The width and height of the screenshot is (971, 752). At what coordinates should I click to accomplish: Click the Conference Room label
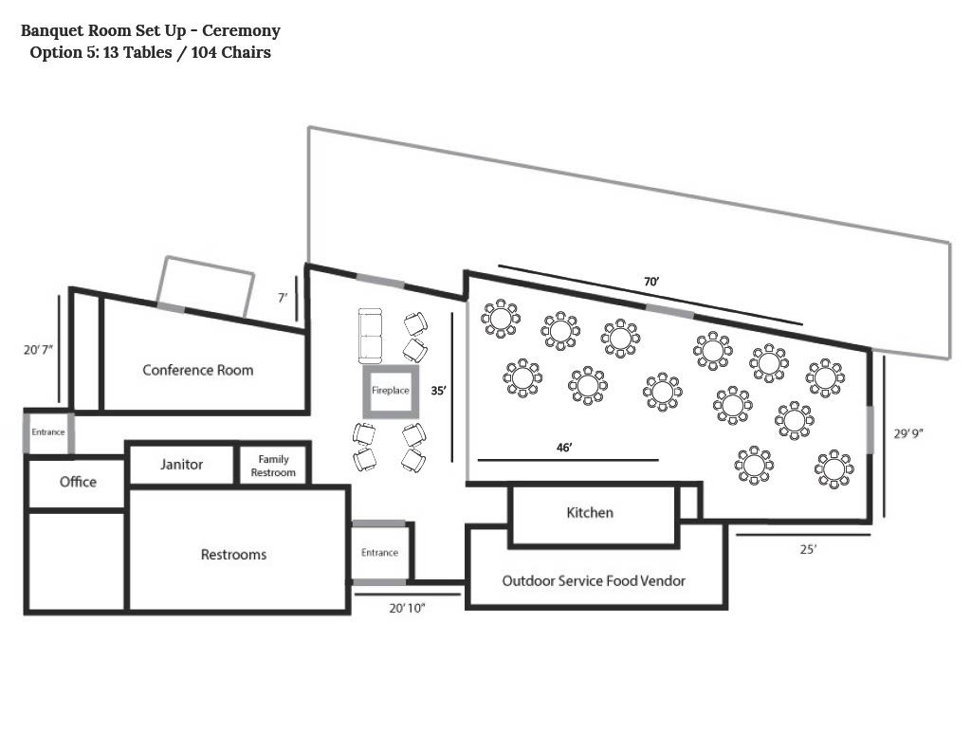[x=197, y=370]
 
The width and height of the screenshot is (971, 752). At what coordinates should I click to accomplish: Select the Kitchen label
[x=590, y=512]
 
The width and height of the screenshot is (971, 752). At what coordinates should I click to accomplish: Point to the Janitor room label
[x=181, y=464]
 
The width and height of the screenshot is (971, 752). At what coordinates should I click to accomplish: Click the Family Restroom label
[x=273, y=466]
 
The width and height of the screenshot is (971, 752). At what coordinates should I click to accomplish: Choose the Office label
[x=78, y=482]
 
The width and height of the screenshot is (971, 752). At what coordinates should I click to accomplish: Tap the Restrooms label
[x=233, y=555]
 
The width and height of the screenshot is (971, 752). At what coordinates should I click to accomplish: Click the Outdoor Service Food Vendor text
[x=594, y=580]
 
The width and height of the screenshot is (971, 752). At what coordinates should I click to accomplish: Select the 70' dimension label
[x=651, y=282]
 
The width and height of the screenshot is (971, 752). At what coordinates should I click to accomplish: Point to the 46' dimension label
[x=564, y=448]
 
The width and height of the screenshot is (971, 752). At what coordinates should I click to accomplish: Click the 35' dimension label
[x=438, y=391]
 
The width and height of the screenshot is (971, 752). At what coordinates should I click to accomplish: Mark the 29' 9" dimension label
[x=908, y=433]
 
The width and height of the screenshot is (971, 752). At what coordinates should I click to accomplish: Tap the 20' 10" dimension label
[x=407, y=608]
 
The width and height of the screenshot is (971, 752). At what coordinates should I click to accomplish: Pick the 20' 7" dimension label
[x=38, y=349]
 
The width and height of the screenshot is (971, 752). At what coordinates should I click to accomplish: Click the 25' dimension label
[x=808, y=549]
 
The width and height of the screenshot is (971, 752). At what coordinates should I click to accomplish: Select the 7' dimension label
[x=283, y=298]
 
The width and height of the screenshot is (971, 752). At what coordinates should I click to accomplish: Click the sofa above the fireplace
[x=371, y=336]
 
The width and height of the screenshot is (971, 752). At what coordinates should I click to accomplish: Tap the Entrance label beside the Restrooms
[x=379, y=553]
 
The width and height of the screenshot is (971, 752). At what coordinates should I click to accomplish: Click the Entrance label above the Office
[x=48, y=431]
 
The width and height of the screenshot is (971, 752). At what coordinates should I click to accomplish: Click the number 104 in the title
[x=204, y=52]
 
